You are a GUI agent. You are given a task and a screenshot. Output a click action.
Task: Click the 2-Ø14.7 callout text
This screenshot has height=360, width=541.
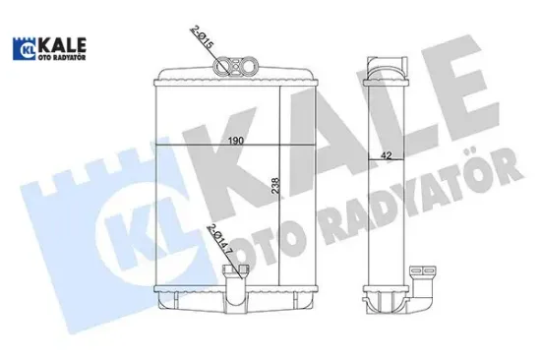point(213,242)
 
